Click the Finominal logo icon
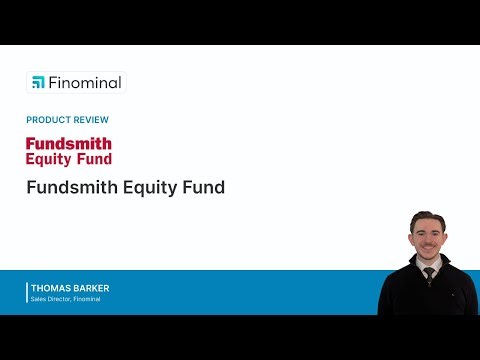pyautogui.click(x=38, y=82)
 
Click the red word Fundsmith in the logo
pyautogui.click(x=69, y=143)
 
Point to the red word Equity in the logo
pyautogui.click(x=49, y=158)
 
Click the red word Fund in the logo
pyautogui.click(x=94, y=158)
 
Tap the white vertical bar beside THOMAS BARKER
pyautogui.click(x=27, y=292)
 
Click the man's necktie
pyautogui.click(x=429, y=274)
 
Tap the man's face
pyautogui.click(x=427, y=237)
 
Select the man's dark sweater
pyautogui.click(x=405, y=295)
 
